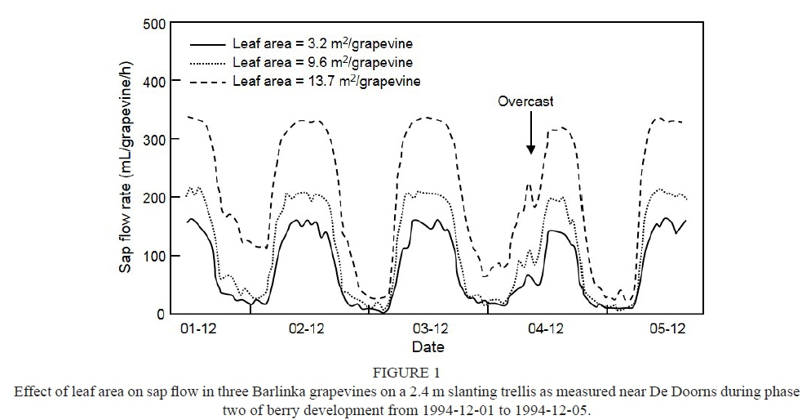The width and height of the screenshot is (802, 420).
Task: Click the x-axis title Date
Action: pos(428,346)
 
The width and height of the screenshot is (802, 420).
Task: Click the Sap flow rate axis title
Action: pos(127,169)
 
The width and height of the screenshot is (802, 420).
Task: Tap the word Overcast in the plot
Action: pos(526,101)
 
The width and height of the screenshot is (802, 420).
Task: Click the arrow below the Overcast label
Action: pos(530,132)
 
